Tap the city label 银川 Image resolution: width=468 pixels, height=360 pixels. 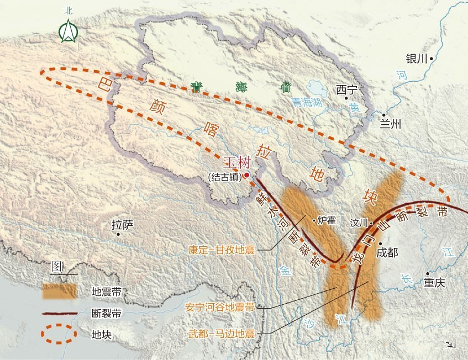click(x=416, y=59)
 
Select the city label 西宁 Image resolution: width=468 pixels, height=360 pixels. click(x=347, y=89)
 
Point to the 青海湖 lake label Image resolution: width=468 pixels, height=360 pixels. click(x=307, y=102)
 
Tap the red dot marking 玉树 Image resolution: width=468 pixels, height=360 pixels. click(x=247, y=175)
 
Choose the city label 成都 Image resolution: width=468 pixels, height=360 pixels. click(x=387, y=253)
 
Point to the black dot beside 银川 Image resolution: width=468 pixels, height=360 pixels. click(x=430, y=58)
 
